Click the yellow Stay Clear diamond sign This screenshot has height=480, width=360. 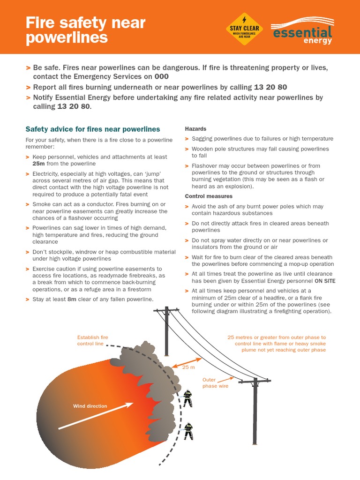244,29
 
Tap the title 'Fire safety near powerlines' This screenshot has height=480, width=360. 85,30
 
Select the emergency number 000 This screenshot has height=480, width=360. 161,76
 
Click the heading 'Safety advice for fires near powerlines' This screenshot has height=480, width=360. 92,129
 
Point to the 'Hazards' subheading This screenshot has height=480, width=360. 195,128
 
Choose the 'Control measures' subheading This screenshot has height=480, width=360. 209,196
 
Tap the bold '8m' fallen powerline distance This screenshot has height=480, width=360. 72,299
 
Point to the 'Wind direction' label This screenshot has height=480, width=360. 90,406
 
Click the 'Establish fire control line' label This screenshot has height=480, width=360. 92,340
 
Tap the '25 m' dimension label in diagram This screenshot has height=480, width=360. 188,367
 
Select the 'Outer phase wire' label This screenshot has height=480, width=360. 215,383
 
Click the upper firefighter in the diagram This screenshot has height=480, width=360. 187,398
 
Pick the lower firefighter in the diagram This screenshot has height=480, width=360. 188,431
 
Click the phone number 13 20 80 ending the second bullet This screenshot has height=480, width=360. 270,87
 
